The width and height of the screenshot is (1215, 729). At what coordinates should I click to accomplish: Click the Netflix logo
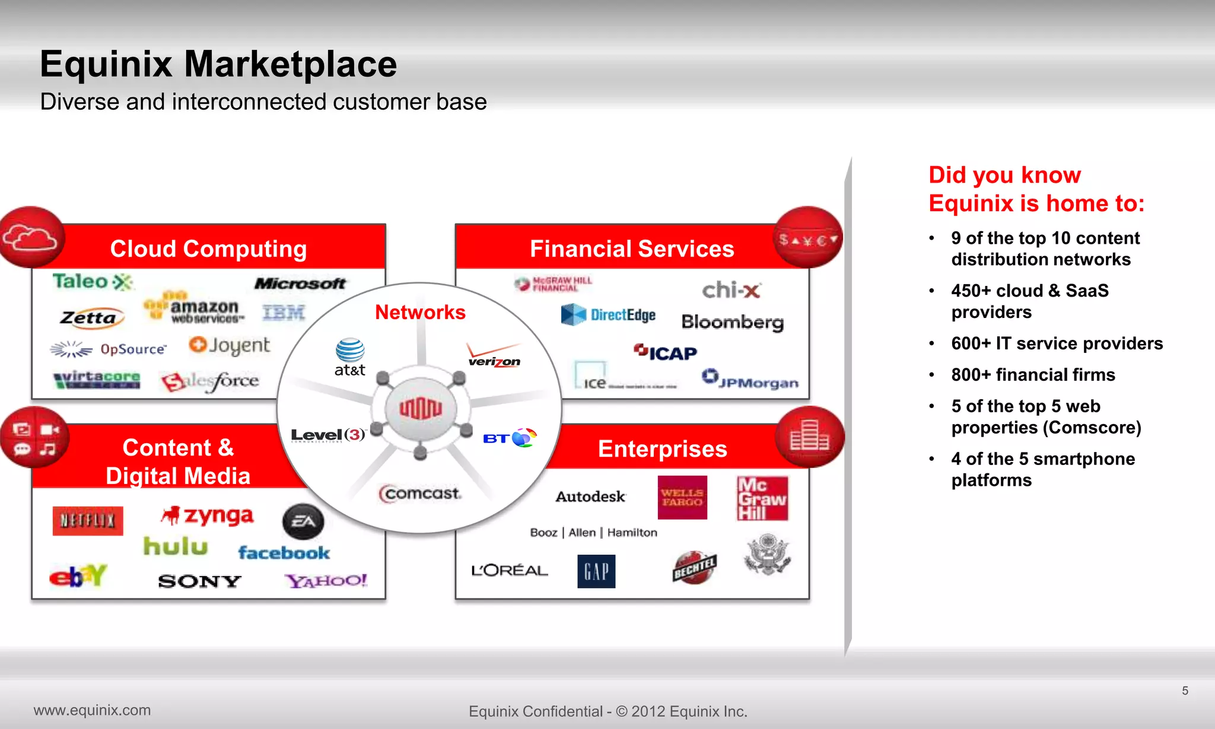[88, 521]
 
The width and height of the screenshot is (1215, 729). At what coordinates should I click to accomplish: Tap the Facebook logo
[284, 553]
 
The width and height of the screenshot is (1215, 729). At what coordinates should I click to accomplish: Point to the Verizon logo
[494, 356]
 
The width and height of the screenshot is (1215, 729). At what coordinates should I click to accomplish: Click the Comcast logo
[420, 494]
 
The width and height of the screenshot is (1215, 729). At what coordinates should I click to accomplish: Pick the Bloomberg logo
[732, 322]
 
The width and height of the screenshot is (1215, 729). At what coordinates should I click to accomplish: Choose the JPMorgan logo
[750, 380]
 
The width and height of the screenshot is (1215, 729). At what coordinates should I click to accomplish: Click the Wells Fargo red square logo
[682, 498]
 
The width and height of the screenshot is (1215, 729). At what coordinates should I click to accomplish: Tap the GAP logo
[596, 571]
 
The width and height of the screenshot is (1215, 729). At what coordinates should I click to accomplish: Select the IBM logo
[284, 313]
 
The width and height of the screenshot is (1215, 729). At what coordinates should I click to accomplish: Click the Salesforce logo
[210, 381]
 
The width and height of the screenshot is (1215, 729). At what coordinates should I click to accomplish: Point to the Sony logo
[199, 581]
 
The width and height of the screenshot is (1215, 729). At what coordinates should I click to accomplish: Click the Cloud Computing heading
[208, 249]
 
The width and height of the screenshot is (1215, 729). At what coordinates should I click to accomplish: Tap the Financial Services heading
[632, 249]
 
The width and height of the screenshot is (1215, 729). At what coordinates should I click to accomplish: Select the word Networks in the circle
[420, 313]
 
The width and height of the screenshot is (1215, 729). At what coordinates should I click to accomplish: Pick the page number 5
[1185, 690]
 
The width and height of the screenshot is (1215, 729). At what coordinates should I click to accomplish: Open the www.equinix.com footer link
[92, 710]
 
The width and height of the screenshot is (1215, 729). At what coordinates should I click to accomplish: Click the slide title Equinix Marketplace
[218, 64]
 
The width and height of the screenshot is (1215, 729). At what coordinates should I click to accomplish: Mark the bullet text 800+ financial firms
[1033, 375]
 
